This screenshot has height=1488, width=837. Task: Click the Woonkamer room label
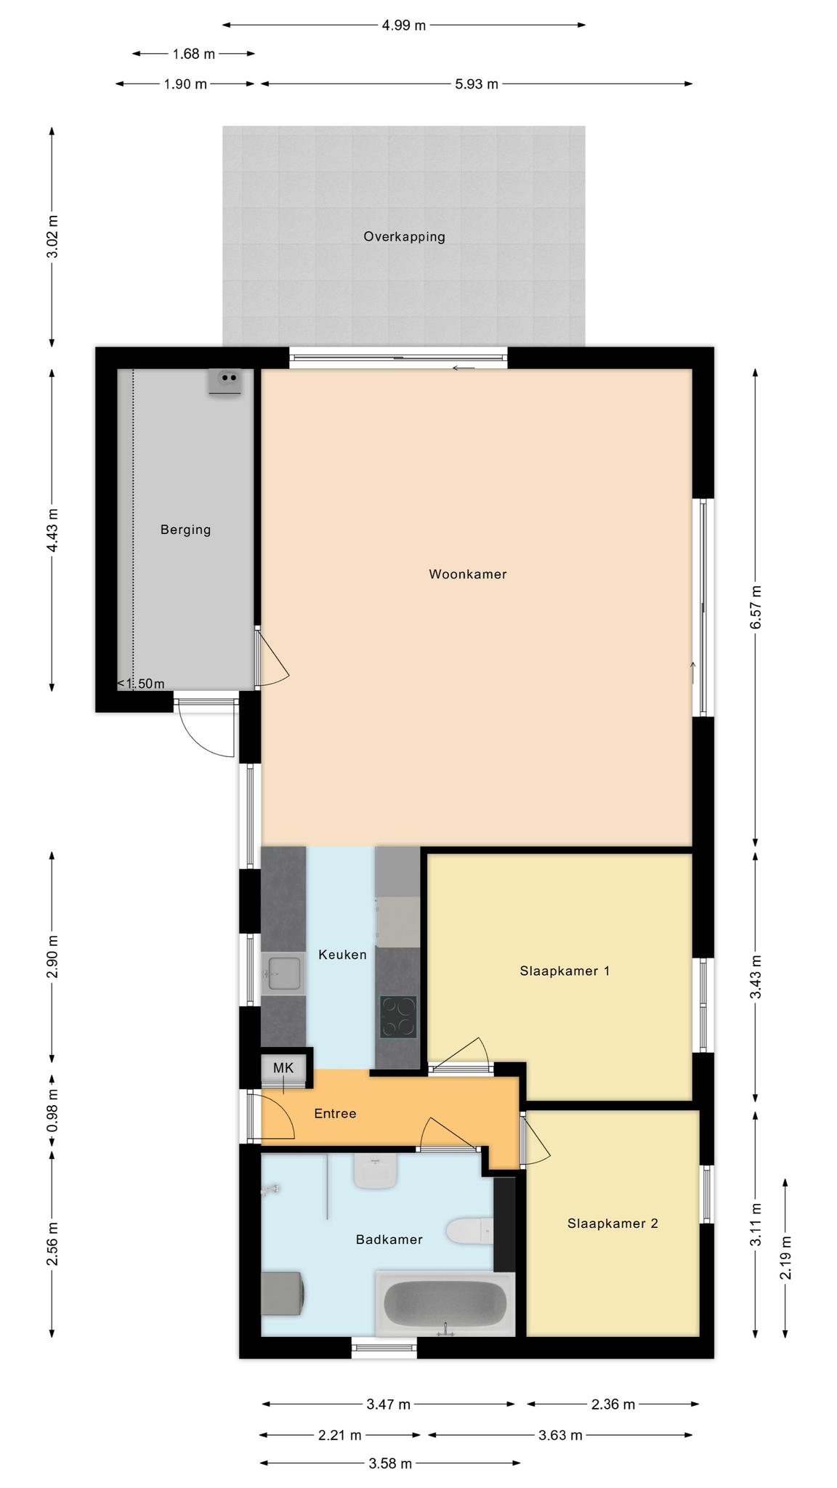[467, 574]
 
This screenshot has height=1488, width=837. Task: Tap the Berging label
[185, 530]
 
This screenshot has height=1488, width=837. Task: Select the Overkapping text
[404, 236]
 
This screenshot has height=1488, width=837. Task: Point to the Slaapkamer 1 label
[565, 971]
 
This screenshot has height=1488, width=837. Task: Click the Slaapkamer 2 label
[612, 1224]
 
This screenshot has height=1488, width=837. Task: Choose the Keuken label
[342, 955]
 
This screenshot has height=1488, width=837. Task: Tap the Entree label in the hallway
[335, 1113]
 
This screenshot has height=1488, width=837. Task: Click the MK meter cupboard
[283, 1068]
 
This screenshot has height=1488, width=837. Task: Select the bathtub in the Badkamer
[445, 1303]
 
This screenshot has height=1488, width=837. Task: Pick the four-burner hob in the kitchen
[398, 1016]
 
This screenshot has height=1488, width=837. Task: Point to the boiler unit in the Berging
[225, 381]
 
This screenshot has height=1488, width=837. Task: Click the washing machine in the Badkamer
[283, 1293]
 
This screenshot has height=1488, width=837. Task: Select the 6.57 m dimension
[756, 607]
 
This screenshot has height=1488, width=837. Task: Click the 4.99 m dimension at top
[404, 25]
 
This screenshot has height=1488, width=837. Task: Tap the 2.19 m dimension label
[786, 1258]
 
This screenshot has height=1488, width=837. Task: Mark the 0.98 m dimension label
[52, 1110]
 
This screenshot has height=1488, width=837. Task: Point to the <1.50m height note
[141, 684]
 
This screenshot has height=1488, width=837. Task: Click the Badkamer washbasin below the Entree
[376, 1172]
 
